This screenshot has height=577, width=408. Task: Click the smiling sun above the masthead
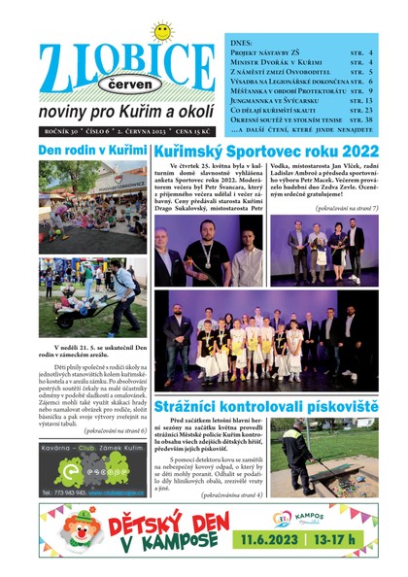coord(160,33)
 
